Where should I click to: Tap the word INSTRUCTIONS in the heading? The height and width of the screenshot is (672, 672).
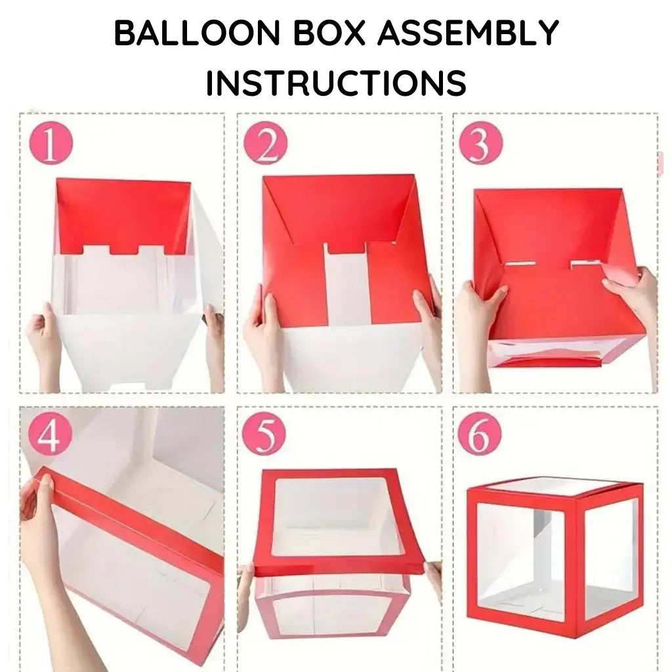336,84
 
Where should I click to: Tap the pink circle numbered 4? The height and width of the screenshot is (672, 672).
49,434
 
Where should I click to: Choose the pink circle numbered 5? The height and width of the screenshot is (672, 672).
264,434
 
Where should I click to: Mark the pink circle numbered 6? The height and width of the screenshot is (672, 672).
480,434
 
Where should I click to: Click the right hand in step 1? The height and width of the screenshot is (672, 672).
214,335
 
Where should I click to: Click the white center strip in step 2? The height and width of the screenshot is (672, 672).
348,285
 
